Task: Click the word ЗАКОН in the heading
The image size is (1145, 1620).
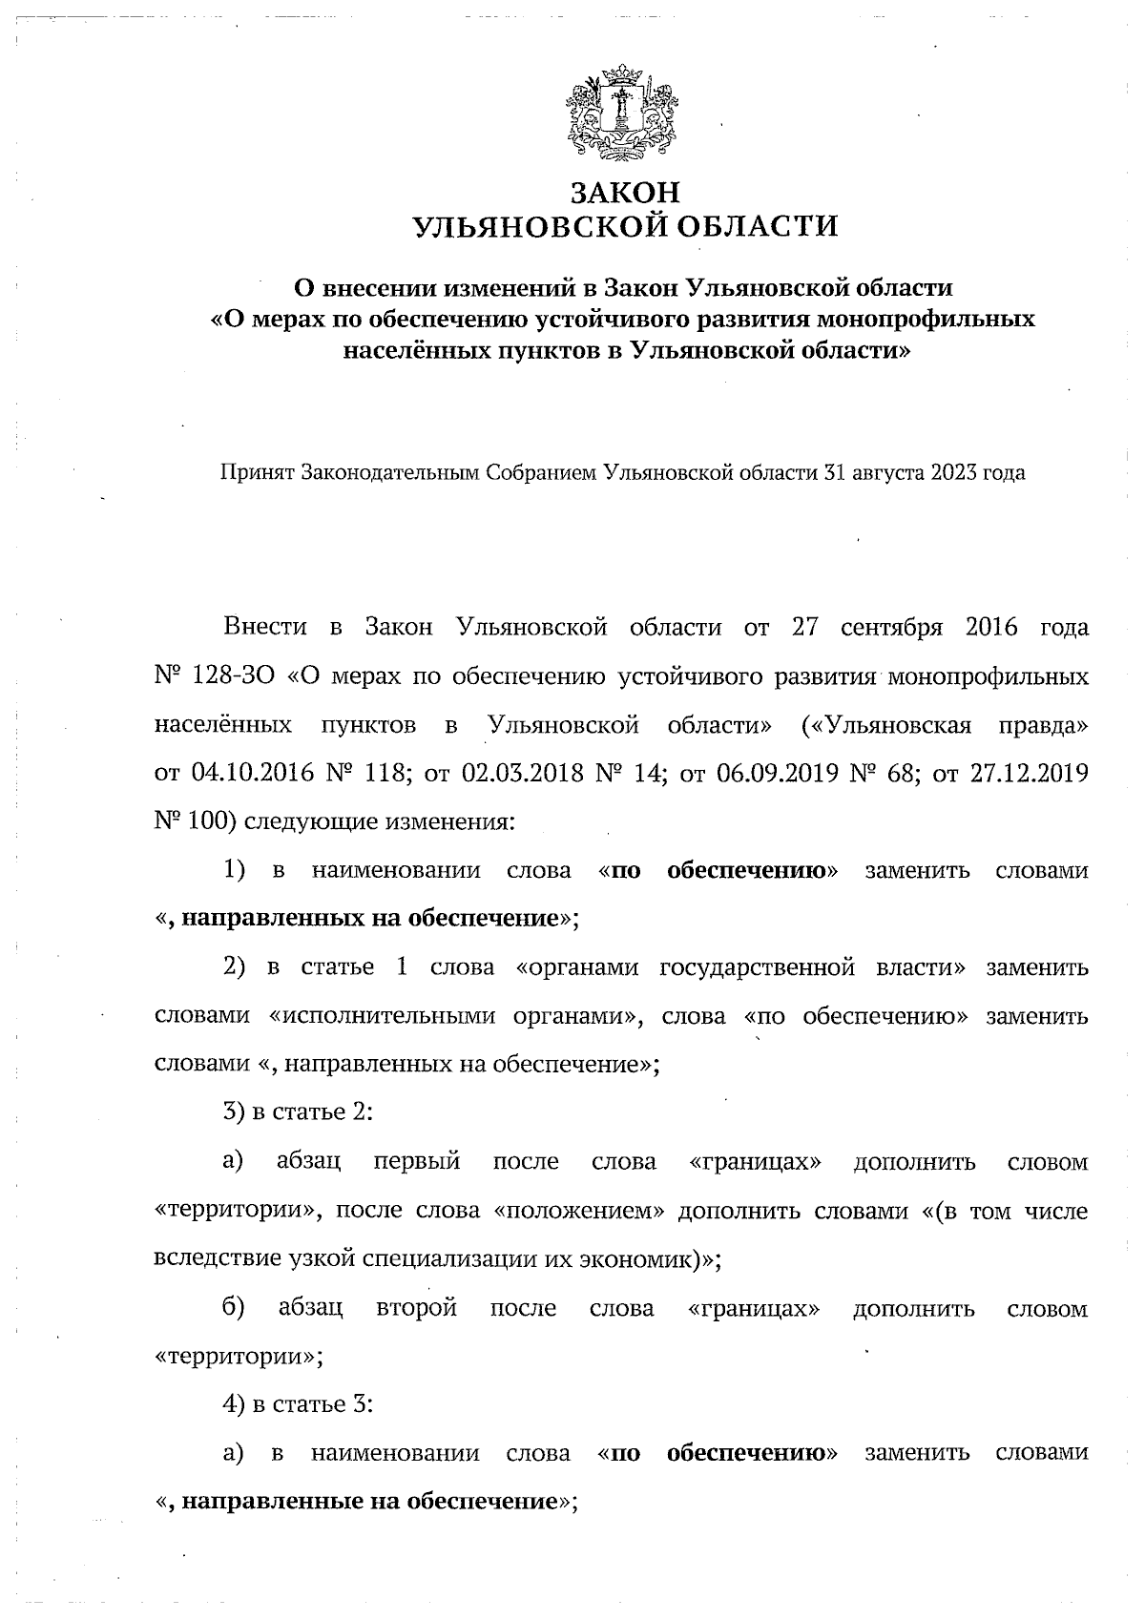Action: click(x=625, y=192)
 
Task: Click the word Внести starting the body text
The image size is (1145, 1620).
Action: click(x=264, y=627)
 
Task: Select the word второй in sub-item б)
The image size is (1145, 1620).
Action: click(x=416, y=1307)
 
